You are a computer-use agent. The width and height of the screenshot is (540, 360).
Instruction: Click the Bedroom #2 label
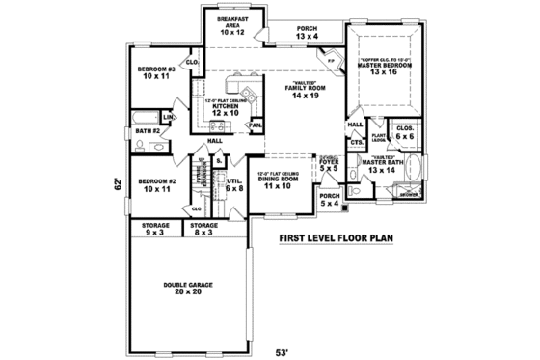point(154,185)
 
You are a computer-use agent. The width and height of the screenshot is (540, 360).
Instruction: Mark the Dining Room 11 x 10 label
point(276,181)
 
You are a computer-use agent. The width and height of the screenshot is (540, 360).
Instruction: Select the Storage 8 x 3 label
point(202,229)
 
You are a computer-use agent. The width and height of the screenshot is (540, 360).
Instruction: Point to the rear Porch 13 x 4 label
point(307,33)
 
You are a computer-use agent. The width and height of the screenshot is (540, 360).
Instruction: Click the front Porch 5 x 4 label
point(329,200)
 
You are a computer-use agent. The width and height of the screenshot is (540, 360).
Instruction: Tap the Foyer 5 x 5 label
point(329,165)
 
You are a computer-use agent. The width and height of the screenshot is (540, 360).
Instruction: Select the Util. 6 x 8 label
point(233,183)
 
